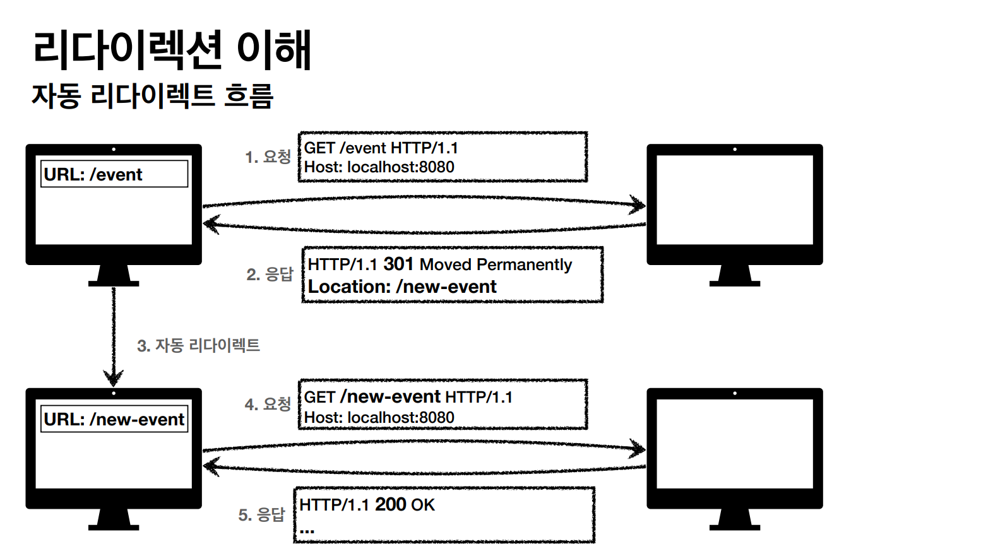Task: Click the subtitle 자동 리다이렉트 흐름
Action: pos(152,97)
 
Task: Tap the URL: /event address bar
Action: pos(114,174)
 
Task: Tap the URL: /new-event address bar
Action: pos(114,419)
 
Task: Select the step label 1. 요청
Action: pos(268,157)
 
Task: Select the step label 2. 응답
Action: pos(270,274)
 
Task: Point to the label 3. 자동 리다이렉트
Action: pos(198,345)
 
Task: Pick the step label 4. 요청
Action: pos(268,404)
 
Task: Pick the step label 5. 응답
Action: pos(261,515)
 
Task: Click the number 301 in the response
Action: pos(398,264)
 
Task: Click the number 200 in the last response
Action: pos(390,504)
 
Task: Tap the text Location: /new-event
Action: pos(402,287)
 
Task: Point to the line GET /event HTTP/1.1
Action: pos(381,148)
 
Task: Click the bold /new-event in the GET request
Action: pos(390,396)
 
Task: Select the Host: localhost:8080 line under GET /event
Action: pos(379,167)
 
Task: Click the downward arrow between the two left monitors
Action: pos(114,334)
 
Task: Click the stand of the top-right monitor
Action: pos(735,275)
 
